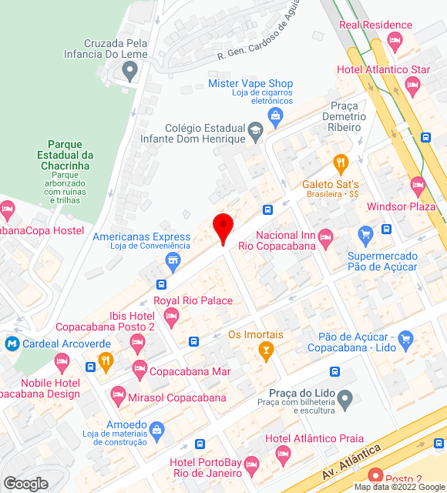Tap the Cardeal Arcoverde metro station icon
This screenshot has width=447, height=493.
(12, 344)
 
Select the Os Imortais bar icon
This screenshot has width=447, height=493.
(266, 351)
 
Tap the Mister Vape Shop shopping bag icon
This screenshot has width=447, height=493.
(275, 116)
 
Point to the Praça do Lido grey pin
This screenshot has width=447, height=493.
(345, 398)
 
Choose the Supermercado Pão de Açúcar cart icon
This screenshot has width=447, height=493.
(365, 234)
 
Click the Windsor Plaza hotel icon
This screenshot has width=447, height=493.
(418, 186)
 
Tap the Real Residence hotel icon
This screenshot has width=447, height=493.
(395, 41)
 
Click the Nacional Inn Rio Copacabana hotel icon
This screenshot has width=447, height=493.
(325, 236)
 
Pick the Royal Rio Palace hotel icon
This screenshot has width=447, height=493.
(171, 316)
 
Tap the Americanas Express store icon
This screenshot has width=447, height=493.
(173, 262)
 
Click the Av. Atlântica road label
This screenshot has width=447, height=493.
(354, 460)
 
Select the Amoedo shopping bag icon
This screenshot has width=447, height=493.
(157, 428)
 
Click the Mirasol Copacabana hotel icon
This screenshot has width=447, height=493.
(118, 397)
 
